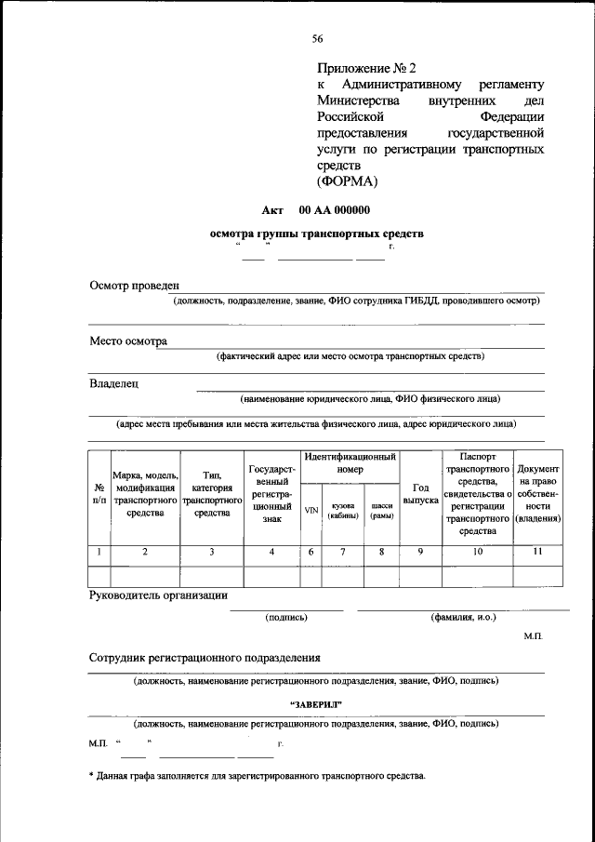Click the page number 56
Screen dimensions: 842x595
317,38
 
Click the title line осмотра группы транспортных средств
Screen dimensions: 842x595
317,234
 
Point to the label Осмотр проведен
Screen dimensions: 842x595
134,285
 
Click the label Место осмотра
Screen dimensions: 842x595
128,341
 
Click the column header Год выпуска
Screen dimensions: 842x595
420,495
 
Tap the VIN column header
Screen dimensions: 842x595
311,510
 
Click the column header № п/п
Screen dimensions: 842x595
99,495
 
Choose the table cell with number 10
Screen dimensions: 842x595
477,553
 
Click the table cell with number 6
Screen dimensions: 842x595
311,553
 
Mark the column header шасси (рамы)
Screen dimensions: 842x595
381,510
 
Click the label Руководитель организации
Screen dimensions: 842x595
158,595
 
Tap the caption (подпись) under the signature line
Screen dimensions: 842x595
286,617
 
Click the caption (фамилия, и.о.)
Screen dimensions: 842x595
463,617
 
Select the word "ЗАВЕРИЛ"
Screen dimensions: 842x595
317,703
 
